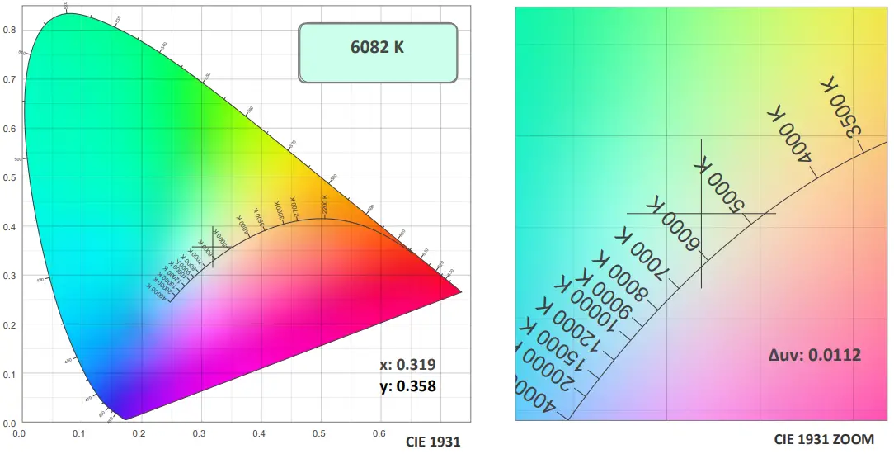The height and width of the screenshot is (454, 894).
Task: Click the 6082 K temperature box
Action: pos(377,52)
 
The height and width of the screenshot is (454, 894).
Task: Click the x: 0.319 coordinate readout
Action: pos(407,364)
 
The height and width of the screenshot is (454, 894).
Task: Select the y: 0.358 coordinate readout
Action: pos(407,385)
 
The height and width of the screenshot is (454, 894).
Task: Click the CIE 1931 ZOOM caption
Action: pos(823,439)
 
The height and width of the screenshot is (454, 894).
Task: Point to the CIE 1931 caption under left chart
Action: pos(432,442)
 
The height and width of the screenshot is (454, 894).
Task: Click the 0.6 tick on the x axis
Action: pos(379,432)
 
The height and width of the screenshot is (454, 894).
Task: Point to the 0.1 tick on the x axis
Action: pos(80,432)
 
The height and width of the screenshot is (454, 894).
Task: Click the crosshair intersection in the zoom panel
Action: pos(701,213)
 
